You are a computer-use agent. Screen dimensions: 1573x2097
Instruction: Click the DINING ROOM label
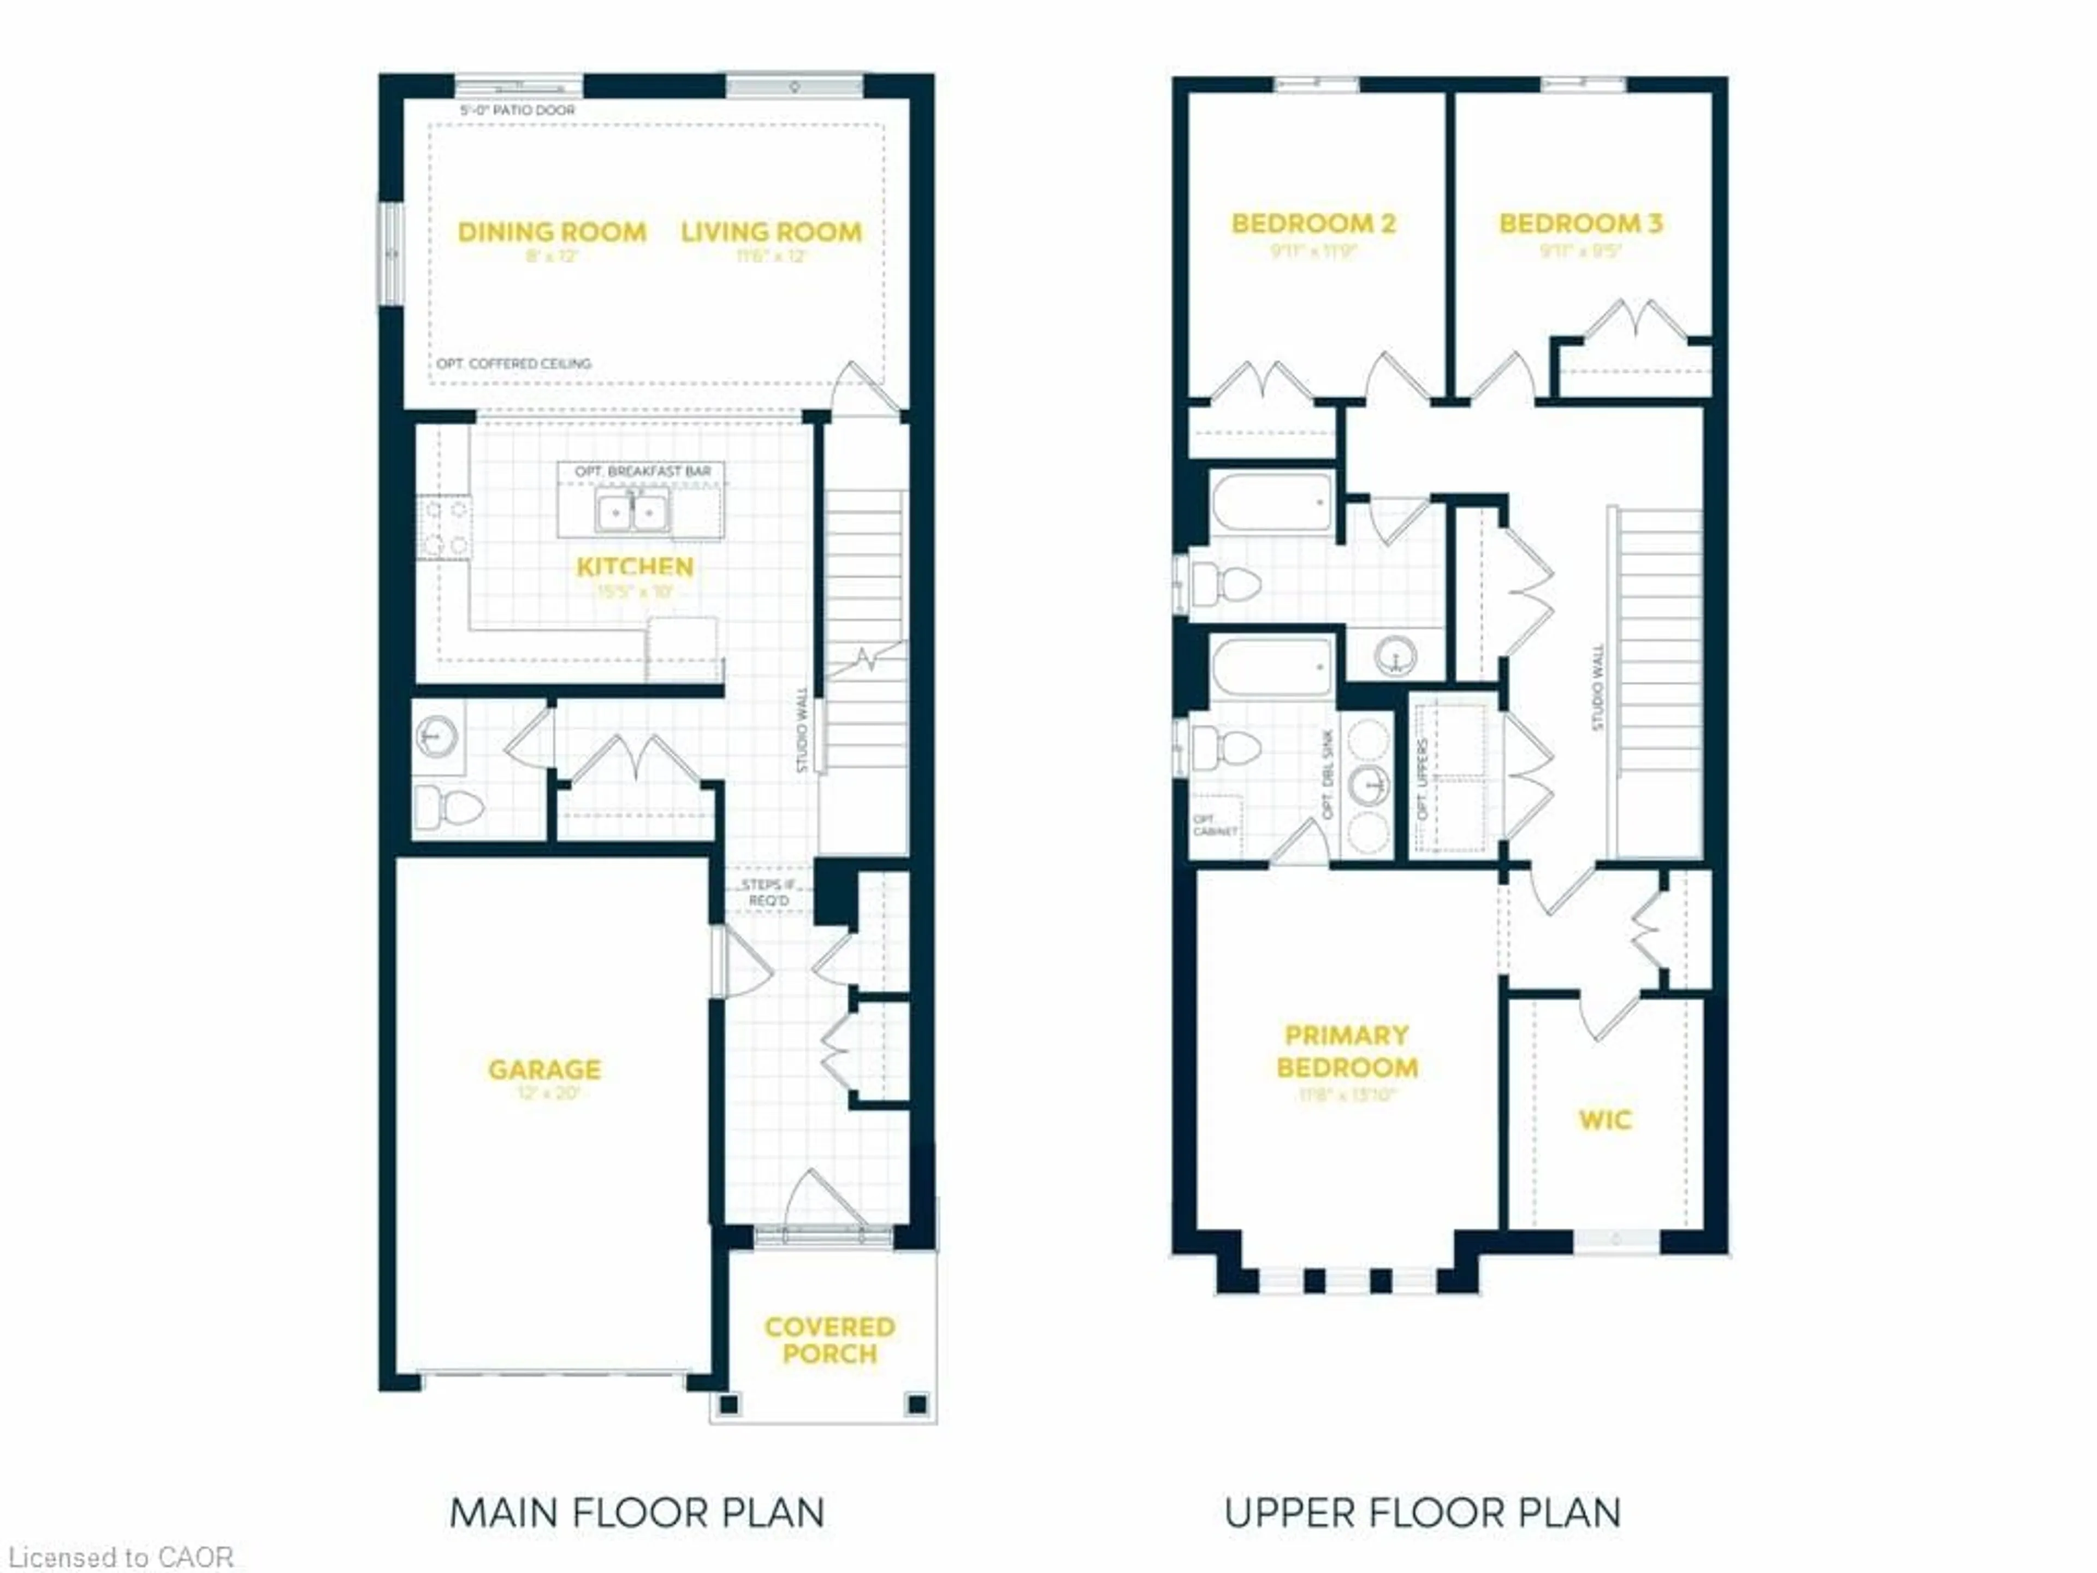point(552,232)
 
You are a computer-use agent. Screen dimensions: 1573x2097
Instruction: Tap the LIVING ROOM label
point(771,232)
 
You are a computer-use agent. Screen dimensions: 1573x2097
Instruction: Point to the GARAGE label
point(544,1069)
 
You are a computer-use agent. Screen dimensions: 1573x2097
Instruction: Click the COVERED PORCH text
point(830,1340)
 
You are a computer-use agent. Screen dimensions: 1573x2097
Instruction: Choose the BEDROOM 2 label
point(1313,224)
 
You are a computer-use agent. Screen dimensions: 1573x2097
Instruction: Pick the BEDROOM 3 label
point(1580,224)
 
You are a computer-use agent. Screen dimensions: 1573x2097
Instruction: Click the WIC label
point(1604,1120)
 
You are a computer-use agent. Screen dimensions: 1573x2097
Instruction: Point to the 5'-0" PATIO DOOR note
point(518,110)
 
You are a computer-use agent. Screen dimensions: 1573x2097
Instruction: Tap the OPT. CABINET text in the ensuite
point(1213,825)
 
